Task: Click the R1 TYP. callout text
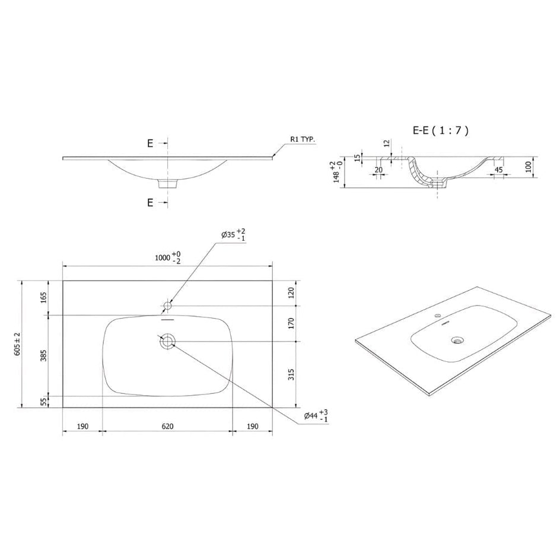(303, 139)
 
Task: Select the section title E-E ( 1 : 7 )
(440, 131)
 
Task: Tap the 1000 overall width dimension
(168, 257)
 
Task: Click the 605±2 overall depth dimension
(17, 343)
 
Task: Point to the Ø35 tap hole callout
(233, 235)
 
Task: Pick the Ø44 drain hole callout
(316, 416)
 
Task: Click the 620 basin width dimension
(167, 426)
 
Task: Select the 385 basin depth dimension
(43, 355)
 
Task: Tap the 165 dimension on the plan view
(43, 298)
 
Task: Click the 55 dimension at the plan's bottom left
(43, 402)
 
